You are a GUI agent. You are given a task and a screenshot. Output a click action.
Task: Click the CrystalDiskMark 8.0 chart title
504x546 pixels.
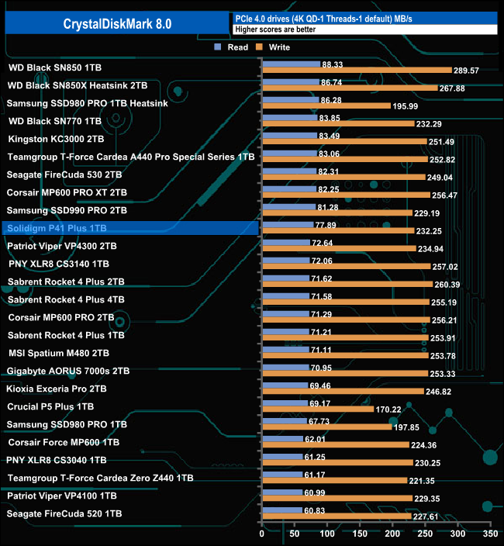pyautogui.click(x=118, y=24)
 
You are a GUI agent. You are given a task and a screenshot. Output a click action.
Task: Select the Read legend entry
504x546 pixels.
pyautogui.click(x=232, y=47)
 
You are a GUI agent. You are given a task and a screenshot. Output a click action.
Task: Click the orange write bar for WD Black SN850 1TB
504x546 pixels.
pyautogui.click(x=357, y=71)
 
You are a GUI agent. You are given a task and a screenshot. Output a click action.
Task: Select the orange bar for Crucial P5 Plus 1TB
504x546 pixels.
pyautogui.click(x=318, y=409)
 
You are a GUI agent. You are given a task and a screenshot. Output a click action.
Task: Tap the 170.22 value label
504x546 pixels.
pyautogui.click(x=391, y=409)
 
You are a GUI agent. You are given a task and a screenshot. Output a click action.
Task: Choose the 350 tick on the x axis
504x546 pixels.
pyautogui.click(x=489, y=534)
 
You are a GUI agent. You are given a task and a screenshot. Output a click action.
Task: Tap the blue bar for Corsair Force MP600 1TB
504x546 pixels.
pyautogui.click(x=282, y=438)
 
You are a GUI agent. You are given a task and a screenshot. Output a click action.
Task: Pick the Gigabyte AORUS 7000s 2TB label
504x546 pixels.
pyautogui.click(x=68, y=371)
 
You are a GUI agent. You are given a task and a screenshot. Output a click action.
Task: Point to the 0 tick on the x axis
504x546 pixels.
pyautogui.click(x=262, y=534)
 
